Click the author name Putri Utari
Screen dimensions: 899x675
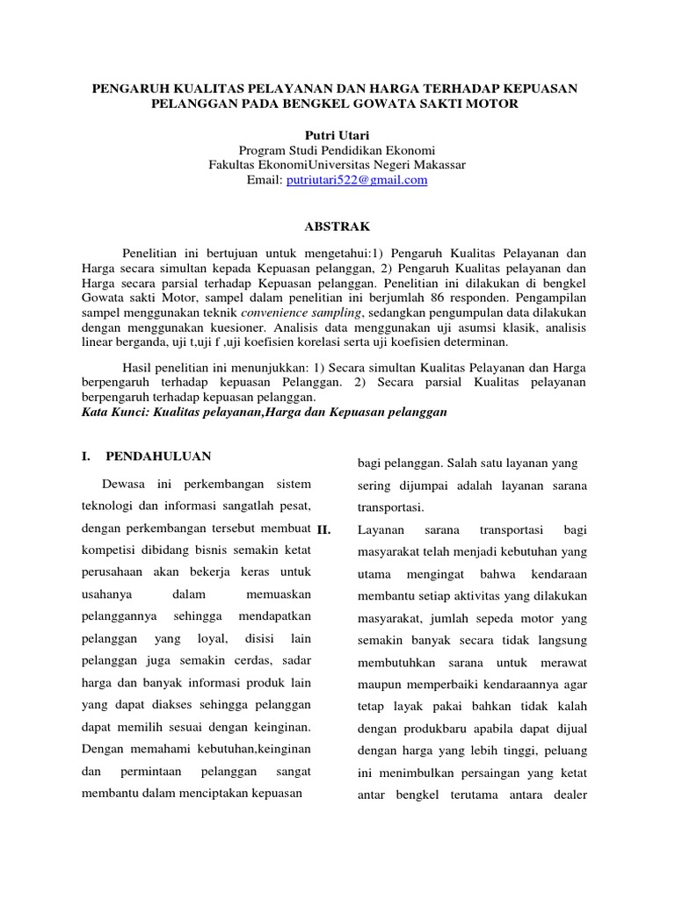coord(337,135)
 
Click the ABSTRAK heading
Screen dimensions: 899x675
coord(337,226)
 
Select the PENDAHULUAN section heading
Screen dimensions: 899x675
coord(158,457)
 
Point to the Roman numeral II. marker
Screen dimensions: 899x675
coord(323,531)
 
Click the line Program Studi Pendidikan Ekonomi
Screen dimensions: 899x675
coord(337,150)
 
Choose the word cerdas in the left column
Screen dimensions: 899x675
coord(236,660)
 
